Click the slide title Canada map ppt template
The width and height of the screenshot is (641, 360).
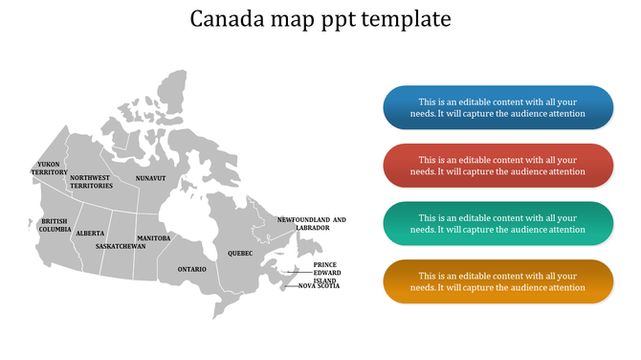click(320, 19)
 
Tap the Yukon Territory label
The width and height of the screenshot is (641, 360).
click(49, 169)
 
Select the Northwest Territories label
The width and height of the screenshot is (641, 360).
click(91, 182)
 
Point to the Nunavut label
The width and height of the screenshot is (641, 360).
click(150, 178)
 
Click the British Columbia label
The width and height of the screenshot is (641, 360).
click(55, 225)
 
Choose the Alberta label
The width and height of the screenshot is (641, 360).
click(91, 234)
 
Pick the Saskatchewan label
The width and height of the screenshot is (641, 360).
click(121, 246)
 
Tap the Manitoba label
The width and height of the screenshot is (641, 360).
click(153, 237)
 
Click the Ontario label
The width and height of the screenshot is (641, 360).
click(191, 269)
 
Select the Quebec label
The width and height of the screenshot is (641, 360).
click(240, 254)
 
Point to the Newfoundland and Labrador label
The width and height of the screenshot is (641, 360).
click(312, 224)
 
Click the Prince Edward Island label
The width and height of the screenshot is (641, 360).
click(325, 272)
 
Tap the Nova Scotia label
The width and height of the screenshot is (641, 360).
click(320, 286)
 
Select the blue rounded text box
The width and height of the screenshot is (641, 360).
click(497, 108)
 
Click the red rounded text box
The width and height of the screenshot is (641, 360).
click(497, 166)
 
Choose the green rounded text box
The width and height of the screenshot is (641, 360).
click(497, 223)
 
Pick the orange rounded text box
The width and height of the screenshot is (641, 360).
click(497, 281)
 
